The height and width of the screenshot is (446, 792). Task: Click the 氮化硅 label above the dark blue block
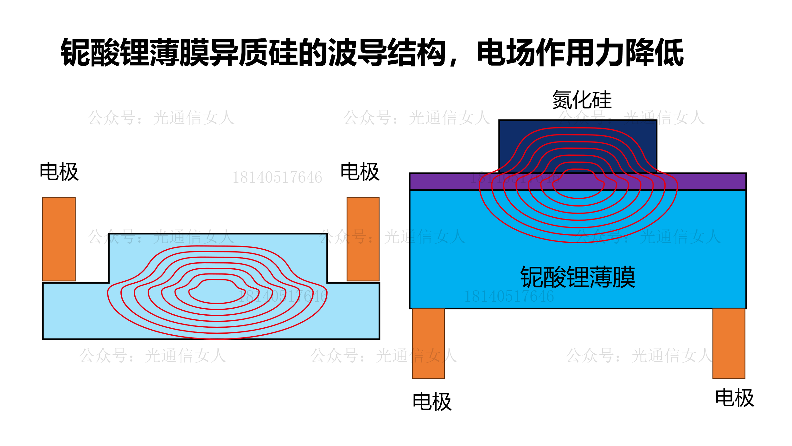pos(582,100)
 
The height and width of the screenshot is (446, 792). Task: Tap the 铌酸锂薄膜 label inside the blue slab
pos(578,277)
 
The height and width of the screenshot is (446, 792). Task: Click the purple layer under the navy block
pos(444,181)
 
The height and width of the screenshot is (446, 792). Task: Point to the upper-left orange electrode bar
pos(59,239)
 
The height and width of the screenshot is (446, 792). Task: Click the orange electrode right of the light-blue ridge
pos(363,239)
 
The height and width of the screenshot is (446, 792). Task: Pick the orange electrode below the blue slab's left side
pos(428,343)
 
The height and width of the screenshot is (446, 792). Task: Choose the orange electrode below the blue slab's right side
pos(729,343)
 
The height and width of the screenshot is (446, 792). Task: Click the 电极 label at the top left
pos(59,172)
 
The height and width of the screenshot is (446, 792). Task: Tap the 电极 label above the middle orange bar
pos(360,172)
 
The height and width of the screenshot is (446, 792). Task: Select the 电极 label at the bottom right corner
pos(735,398)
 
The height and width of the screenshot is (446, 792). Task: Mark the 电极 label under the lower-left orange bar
pos(432,402)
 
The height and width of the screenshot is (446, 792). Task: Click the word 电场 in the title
pos(506,52)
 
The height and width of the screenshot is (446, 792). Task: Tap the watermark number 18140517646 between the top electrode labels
pos(277,177)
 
